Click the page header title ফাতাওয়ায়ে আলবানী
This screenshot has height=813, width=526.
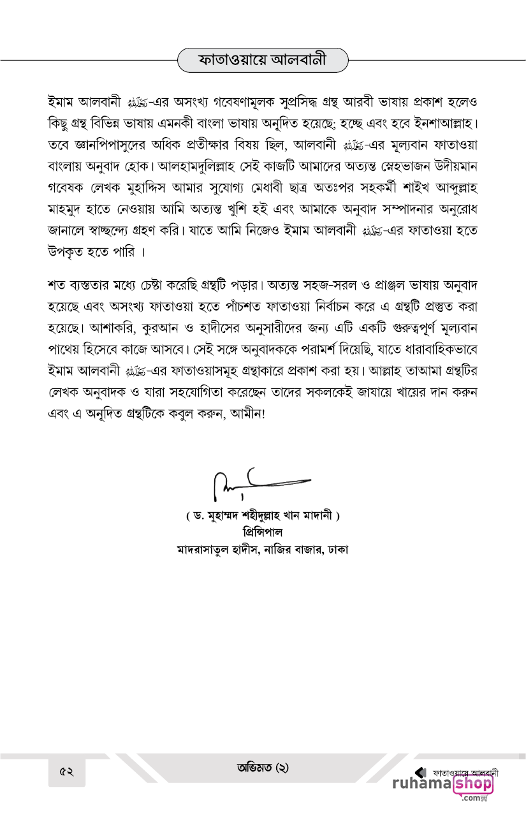[x=263, y=61]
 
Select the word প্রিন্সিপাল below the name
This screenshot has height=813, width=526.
[x=263, y=531]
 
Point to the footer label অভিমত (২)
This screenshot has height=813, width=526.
[x=263, y=767]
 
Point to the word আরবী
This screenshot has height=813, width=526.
[x=321, y=102]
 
